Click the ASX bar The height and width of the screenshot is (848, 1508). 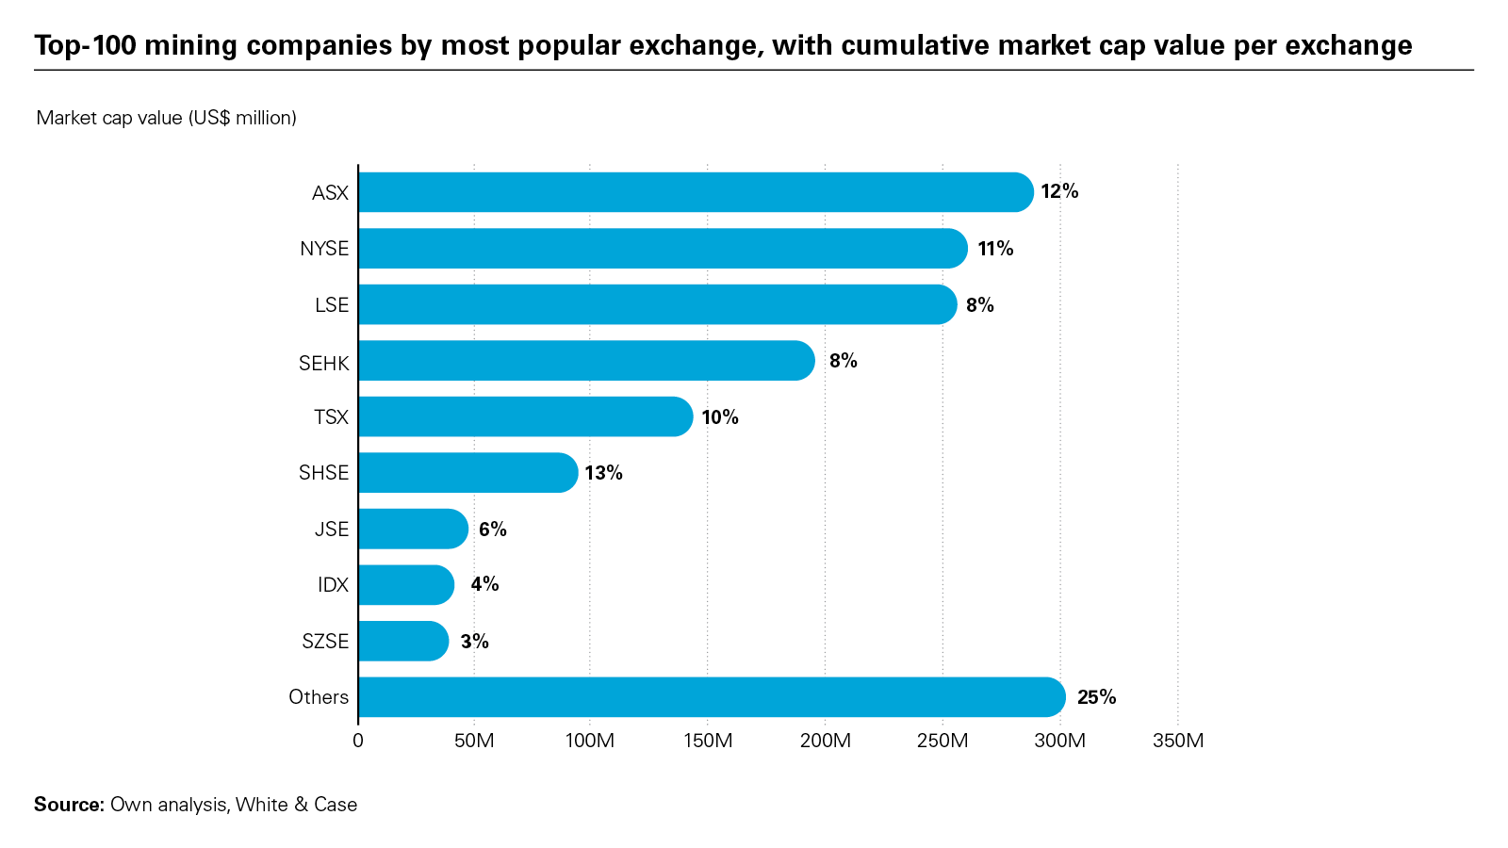[x=696, y=192]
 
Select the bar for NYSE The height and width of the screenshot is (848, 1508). [x=663, y=249]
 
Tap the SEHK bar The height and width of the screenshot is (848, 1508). [x=586, y=361]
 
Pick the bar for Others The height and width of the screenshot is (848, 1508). [x=712, y=697]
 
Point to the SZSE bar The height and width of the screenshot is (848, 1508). [x=403, y=641]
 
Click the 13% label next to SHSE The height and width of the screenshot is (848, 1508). [x=603, y=473]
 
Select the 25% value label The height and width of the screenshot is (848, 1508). [x=1096, y=697]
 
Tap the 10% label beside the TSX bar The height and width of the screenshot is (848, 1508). [x=720, y=417]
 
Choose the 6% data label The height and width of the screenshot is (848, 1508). [x=492, y=530]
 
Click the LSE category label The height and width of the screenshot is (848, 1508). [x=332, y=305]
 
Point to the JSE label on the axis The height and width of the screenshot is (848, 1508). [x=332, y=530]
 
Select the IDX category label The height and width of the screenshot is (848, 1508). [x=333, y=585]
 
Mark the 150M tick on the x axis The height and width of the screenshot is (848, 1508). [x=708, y=741]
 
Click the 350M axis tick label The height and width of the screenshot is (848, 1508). [x=1178, y=741]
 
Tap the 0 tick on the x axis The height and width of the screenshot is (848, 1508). [x=358, y=741]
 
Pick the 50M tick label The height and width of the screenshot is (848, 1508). [x=474, y=741]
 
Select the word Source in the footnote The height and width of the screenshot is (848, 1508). [x=68, y=805]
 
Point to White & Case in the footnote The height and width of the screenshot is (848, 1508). [x=296, y=805]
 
